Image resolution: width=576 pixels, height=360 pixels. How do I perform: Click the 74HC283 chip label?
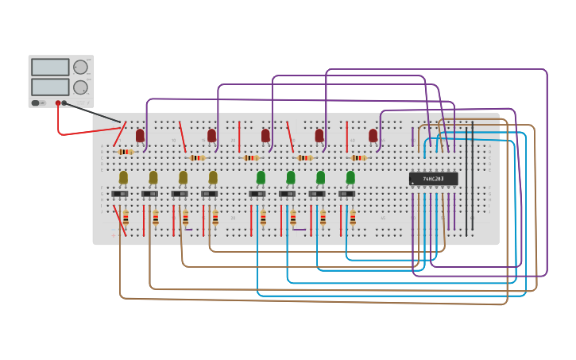(433, 179)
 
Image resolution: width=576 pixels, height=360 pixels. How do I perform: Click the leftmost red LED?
(140, 136)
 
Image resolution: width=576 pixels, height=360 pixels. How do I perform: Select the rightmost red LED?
(373, 136)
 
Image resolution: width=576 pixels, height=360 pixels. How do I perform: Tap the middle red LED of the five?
(265, 136)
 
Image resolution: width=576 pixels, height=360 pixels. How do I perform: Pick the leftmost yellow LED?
(123, 177)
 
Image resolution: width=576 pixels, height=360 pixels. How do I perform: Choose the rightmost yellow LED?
(213, 177)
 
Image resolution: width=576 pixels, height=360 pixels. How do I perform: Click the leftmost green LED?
(261, 177)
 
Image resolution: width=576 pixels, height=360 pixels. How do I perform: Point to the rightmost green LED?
(350, 177)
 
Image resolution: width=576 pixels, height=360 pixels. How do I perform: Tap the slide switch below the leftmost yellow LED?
(120, 194)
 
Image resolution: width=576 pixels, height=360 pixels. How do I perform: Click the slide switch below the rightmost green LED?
(346, 194)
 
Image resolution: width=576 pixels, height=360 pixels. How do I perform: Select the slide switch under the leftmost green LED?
(257, 194)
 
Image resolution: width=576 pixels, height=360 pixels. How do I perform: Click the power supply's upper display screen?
(50, 68)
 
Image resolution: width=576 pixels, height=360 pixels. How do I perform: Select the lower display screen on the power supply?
(50, 87)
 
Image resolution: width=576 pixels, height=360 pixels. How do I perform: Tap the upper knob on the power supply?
(81, 68)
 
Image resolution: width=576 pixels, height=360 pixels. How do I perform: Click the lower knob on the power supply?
(81, 87)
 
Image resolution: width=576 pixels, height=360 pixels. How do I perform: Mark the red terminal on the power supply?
(58, 103)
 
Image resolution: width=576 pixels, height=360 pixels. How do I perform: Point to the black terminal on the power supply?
(65, 103)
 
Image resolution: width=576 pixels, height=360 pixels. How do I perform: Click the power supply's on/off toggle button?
(36, 103)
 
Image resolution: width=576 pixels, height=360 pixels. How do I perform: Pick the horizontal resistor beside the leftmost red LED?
(125, 152)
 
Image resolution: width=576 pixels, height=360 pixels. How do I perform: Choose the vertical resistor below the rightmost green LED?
(353, 218)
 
